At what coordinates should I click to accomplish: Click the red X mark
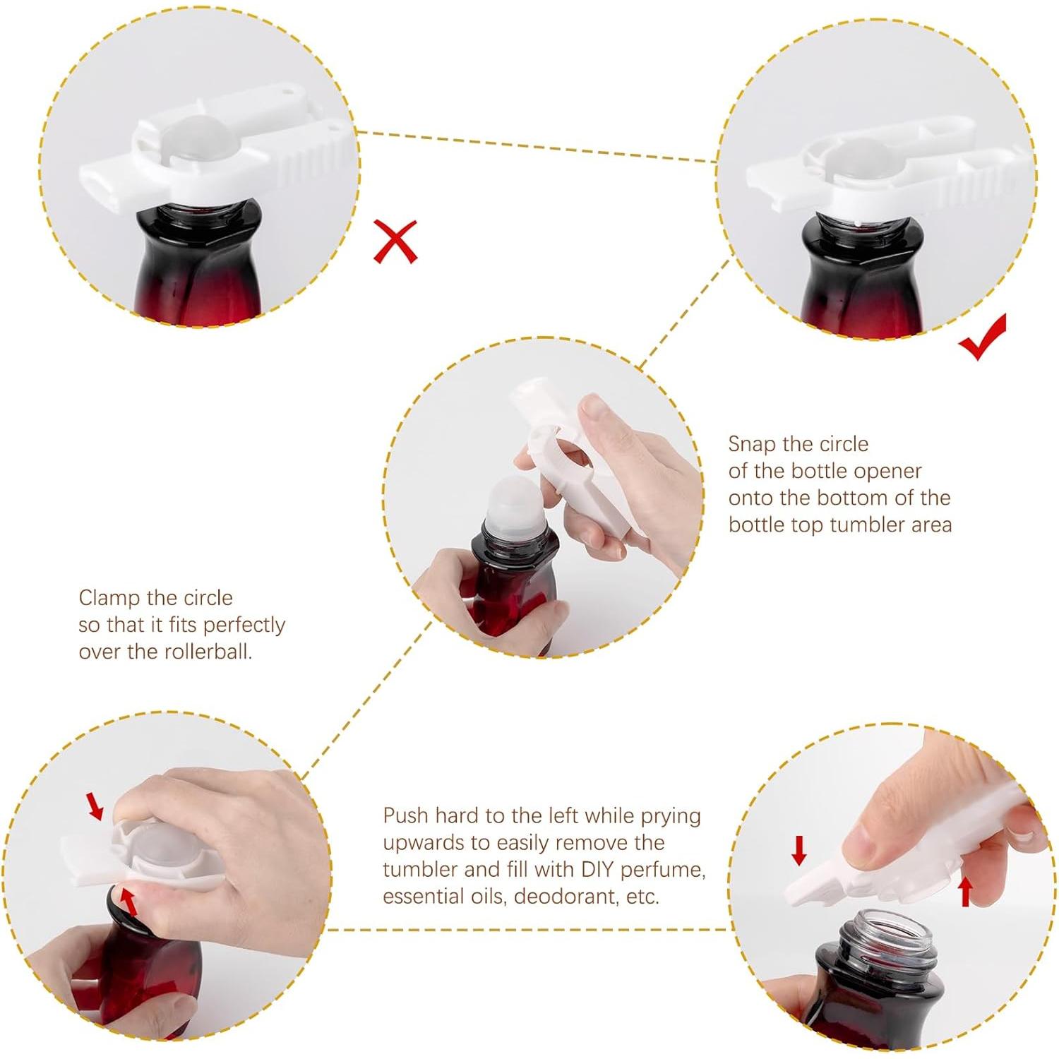tap(395, 241)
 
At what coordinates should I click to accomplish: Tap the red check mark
tap(983, 338)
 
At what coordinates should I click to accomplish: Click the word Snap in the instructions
tap(752, 444)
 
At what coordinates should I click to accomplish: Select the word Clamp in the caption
tap(109, 599)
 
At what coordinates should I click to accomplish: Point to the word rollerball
tap(208, 652)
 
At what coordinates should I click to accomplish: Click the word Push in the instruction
tap(405, 815)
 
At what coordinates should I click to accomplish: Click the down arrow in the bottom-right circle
tap(798, 851)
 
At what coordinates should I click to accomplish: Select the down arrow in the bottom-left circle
tap(95, 806)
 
